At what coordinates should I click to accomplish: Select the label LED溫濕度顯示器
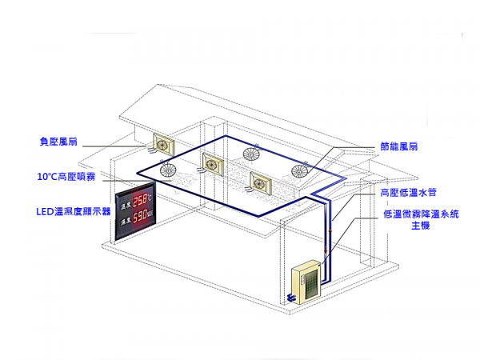coord(74,212)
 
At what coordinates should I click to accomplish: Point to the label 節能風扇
coord(399,147)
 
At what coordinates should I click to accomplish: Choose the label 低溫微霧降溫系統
coord(415,214)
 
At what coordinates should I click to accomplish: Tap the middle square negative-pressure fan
coord(214,162)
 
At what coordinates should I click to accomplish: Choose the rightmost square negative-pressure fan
coord(263,183)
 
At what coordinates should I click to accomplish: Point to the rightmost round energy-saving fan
coord(301,169)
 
